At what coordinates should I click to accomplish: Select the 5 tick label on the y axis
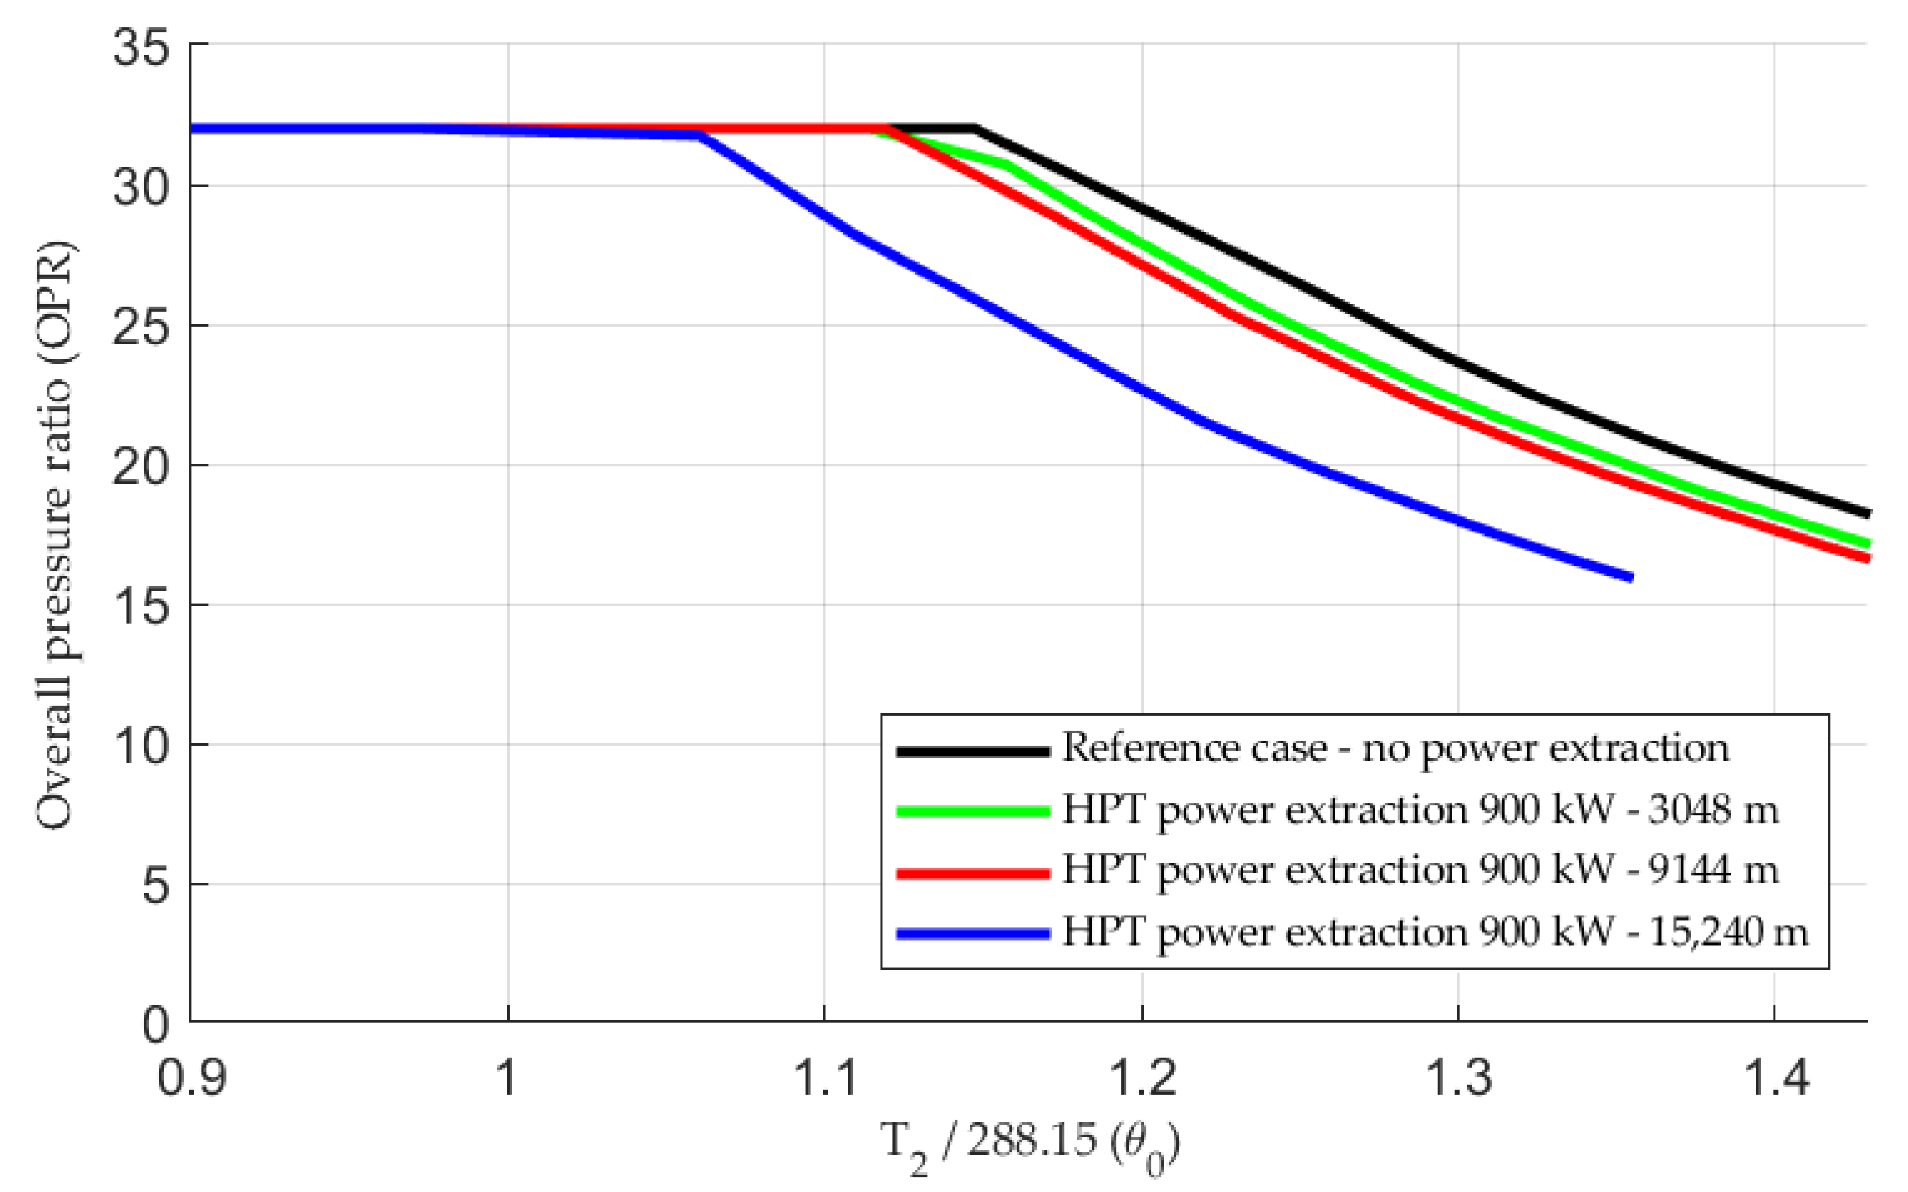tap(155, 885)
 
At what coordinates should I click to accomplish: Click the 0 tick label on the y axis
tap(155, 1025)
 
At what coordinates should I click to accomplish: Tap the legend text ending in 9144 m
tap(1419, 870)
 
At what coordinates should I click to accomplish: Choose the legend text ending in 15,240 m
tap(1434, 931)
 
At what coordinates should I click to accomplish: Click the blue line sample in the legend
tap(973, 934)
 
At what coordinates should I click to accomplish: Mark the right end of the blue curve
tap(1630, 577)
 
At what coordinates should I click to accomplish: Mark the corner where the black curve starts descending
tap(975, 128)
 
